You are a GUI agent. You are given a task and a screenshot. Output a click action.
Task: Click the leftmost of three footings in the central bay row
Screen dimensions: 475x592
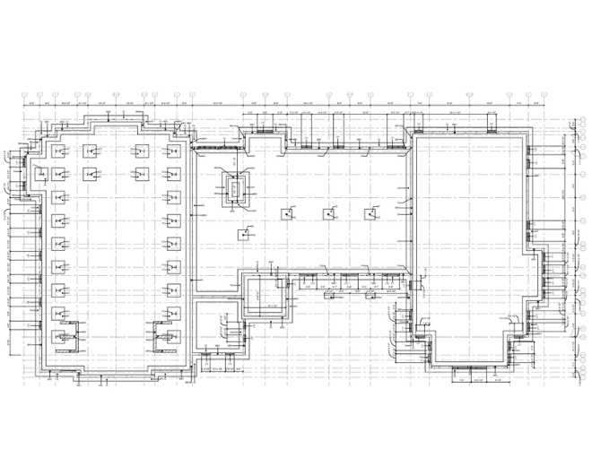[287, 214]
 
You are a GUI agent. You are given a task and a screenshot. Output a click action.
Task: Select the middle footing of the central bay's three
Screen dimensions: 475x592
[329, 214]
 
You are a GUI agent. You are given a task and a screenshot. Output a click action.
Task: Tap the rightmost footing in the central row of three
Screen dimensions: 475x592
[370, 214]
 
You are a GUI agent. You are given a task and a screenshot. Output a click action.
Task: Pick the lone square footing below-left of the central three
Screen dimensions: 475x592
[244, 235]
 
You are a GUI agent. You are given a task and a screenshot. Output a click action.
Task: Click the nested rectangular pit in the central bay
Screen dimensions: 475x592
[236, 188]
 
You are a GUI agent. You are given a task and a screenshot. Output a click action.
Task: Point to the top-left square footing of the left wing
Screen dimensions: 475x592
[58, 151]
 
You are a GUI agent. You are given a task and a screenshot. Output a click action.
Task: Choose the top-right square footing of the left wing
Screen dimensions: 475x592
[172, 151]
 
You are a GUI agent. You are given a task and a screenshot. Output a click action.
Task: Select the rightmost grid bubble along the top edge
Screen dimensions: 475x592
[544, 94]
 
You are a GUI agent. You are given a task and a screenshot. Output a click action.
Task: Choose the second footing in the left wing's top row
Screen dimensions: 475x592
[90, 151]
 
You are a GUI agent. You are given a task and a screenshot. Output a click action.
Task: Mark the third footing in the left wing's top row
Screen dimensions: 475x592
[140, 151]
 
